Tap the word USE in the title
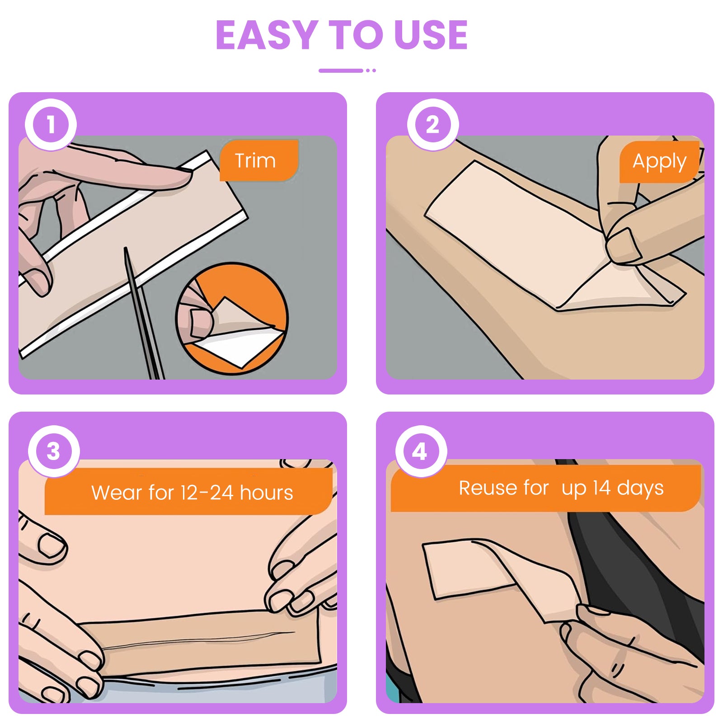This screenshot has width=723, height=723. coord(431,35)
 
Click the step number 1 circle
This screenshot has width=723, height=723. coord(51,124)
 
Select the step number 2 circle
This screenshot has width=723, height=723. coord(433,124)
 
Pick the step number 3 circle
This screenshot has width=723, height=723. coord(54,451)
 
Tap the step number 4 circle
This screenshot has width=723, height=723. coord(421,451)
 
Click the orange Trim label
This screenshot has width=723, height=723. coord(259,160)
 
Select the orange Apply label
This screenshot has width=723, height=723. coord(659,162)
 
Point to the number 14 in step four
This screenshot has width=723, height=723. coord(602,488)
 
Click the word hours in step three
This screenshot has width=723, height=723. coord(266,493)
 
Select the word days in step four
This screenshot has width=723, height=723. coord(640,489)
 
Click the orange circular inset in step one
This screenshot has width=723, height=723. coord(232,319)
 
